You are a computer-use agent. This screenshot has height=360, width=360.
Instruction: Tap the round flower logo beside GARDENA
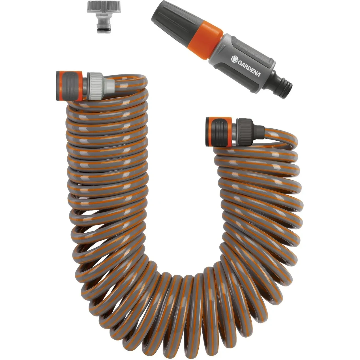234,59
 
